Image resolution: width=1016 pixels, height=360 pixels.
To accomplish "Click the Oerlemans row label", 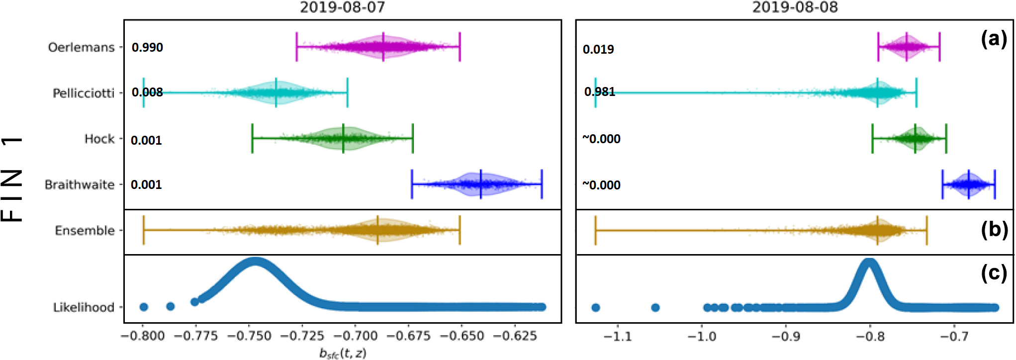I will click(x=81, y=47).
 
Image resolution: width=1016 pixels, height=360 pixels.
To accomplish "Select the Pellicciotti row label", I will click(x=84, y=93).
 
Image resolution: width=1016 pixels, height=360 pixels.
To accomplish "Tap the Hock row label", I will click(x=99, y=139).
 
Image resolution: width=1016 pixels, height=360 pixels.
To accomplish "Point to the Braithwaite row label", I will click(x=80, y=184).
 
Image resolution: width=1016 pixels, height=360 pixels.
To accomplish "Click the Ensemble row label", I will click(x=85, y=231).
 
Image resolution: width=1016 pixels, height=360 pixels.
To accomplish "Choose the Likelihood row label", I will click(x=84, y=307).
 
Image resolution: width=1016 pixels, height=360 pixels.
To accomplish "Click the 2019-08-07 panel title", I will click(x=342, y=7).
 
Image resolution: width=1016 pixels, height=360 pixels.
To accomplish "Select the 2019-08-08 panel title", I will click(x=795, y=7).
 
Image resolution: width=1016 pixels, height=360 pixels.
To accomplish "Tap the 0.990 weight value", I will click(x=147, y=47).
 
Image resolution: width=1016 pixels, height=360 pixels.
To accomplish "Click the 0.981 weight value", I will click(x=600, y=91).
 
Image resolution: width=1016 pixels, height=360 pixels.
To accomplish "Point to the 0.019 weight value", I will click(x=598, y=49).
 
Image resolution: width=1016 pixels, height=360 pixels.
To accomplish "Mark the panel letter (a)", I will click(x=994, y=39).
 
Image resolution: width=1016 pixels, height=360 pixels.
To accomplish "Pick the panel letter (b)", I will click(x=994, y=229).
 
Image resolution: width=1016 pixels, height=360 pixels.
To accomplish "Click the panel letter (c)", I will click(x=994, y=273).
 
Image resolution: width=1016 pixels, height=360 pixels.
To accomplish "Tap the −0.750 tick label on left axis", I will click(x=250, y=336).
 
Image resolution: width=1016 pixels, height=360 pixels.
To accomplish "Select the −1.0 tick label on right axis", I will click(x=702, y=337).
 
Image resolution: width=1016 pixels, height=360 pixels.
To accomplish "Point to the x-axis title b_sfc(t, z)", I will click(x=343, y=353).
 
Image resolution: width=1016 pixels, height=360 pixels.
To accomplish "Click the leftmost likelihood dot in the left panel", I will click(x=144, y=307).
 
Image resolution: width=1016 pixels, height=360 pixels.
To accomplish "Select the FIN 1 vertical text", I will click(x=12, y=179).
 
